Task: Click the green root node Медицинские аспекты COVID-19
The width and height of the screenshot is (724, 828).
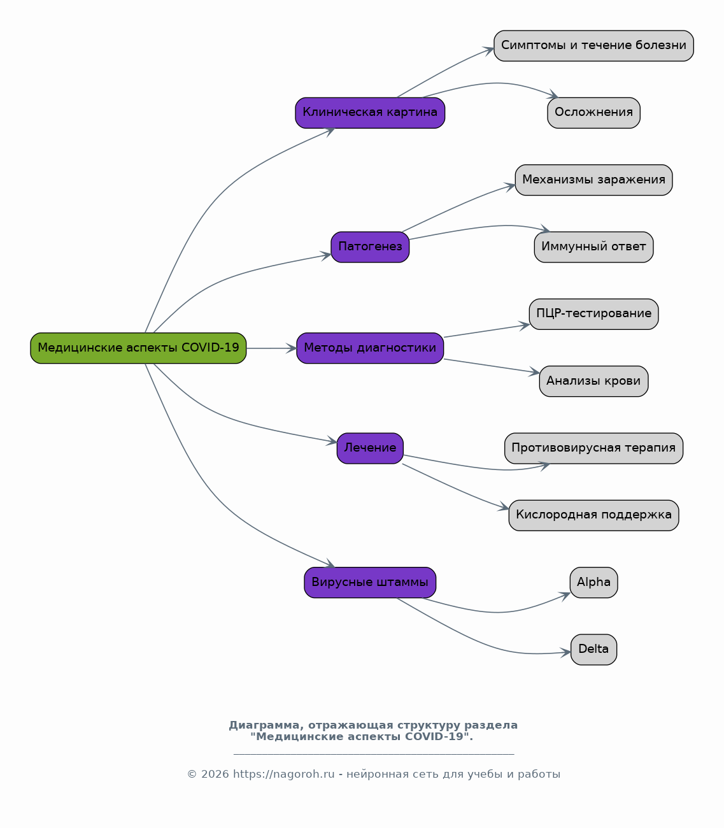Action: pos(138,348)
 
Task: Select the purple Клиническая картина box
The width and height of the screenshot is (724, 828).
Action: pos(370,113)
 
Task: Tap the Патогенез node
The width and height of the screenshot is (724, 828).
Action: pos(370,247)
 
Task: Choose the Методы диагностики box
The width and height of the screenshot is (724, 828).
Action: pos(370,348)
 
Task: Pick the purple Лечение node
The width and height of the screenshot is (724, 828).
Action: pos(370,448)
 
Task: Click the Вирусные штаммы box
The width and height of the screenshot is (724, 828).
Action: pos(370,582)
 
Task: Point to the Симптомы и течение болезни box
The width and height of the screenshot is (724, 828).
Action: pos(593,46)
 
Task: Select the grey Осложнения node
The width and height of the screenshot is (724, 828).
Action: pos(593,113)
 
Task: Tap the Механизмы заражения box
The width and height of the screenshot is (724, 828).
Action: pos(593,180)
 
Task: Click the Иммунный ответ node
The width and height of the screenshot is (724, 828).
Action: pos(593,247)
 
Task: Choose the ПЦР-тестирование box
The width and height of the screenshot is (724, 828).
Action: pos(593,314)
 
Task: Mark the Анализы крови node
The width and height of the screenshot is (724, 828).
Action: pos(593,382)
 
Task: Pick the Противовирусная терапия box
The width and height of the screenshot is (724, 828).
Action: pos(593,448)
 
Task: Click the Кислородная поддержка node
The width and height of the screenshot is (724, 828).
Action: pos(593,515)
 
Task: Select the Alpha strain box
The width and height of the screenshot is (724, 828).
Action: pos(593,582)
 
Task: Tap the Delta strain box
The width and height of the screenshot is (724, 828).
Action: pos(593,650)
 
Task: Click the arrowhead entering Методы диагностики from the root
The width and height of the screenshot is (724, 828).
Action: pos(292,348)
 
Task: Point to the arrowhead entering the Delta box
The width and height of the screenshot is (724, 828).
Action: pos(565,652)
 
